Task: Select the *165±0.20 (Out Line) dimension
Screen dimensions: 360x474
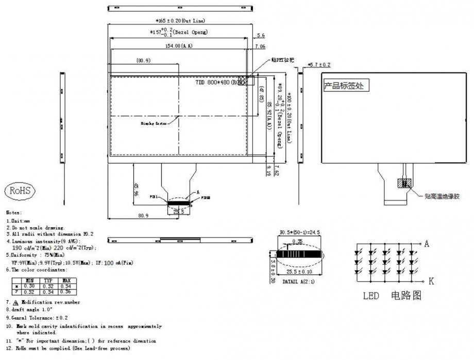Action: click(x=180, y=21)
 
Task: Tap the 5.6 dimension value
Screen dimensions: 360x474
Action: click(x=260, y=36)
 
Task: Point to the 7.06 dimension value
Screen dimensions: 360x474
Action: click(x=260, y=46)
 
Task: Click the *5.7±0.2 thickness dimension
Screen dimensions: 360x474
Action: click(x=319, y=64)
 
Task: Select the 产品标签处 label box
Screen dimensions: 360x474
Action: click(x=343, y=86)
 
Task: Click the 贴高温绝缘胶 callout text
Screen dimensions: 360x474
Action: click(x=442, y=196)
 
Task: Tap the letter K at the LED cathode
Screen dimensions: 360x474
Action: click(x=432, y=281)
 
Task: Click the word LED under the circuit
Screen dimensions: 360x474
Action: click(x=371, y=297)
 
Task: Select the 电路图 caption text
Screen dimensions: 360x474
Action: click(x=407, y=297)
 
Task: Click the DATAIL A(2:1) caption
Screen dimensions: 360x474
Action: click(x=299, y=282)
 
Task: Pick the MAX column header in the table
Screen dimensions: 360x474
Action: click(x=65, y=281)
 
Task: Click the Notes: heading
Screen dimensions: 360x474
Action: click(x=14, y=212)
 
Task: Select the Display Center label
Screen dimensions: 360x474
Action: click(x=154, y=124)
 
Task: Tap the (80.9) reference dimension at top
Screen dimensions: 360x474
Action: click(x=143, y=61)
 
